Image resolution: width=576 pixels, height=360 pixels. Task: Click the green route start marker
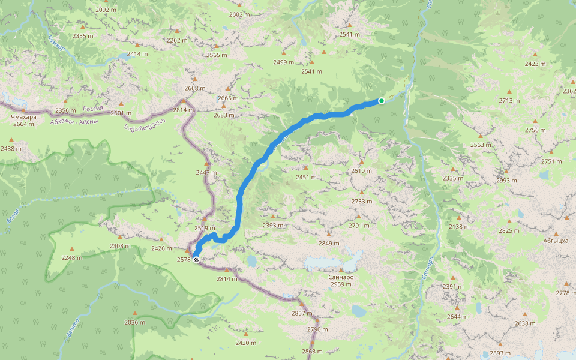click(x=381, y=100)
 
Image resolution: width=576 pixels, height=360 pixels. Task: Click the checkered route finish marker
click(x=196, y=260)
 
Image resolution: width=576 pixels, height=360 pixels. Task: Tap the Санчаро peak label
click(x=341, y=277)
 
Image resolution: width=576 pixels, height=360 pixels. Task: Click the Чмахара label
click(x=23, y=117)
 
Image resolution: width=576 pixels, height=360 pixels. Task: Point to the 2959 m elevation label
click(x=341, y=284)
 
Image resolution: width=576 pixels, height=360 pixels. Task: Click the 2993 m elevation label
click(x=506, y=180)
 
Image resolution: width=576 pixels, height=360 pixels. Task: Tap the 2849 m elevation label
click(x=329, y=243)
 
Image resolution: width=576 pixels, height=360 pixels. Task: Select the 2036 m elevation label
click(x=134, y=322)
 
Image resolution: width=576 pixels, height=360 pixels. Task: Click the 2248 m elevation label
click(x=71, y=257)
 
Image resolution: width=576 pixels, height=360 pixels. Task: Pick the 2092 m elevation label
click(x=106, y=10)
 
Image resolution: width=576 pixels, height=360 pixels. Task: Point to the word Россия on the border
click(x=93, y=109)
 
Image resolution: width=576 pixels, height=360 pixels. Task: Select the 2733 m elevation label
click(x=362, y=201)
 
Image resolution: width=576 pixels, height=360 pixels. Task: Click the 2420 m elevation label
click(x=245, y=343)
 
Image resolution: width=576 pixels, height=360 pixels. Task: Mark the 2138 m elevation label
click(x=459, y=226)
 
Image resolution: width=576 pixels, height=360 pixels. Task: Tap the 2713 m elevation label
click(x=509, y=100)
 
